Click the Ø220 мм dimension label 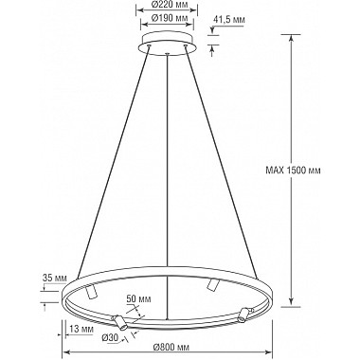167,4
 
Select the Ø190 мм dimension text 167,17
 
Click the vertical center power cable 167,171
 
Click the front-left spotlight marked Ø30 115,319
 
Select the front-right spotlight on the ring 244,314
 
